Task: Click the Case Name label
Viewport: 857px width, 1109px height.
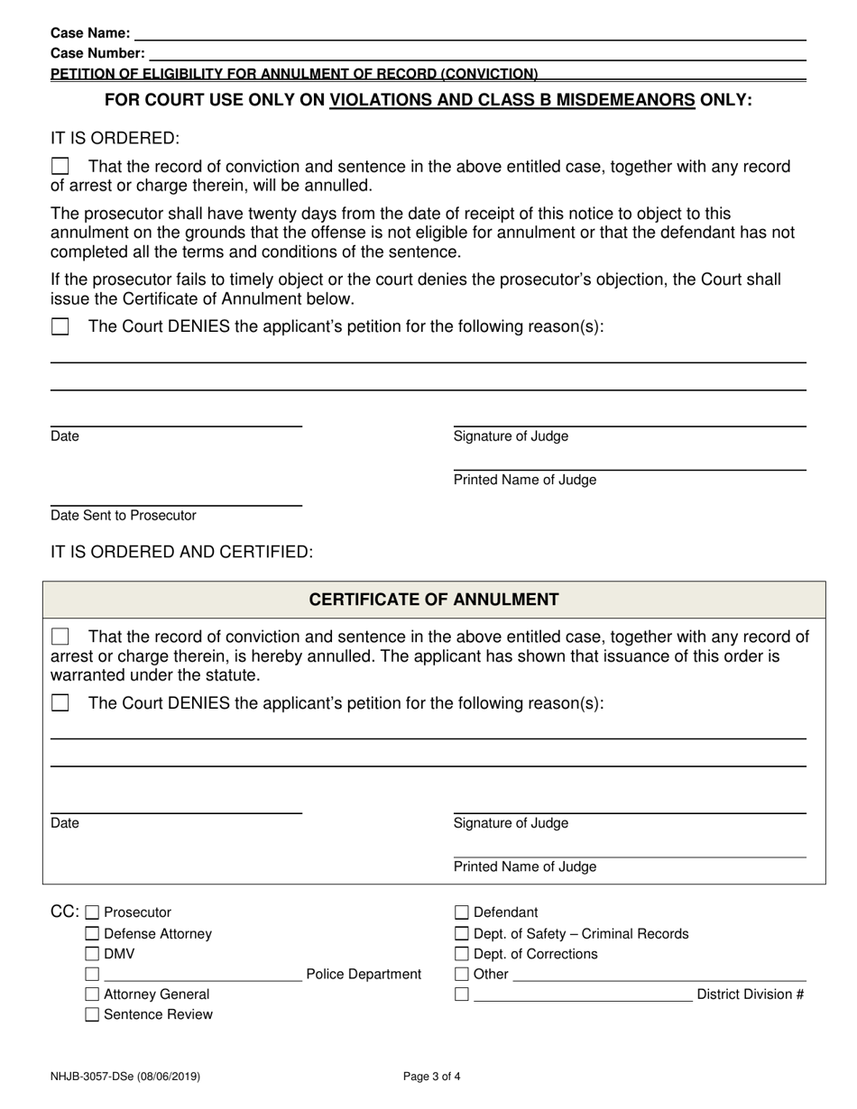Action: point(90,33)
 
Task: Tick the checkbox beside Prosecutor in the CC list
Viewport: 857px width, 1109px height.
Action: point(92,912)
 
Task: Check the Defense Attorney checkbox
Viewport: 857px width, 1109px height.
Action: point(92,934)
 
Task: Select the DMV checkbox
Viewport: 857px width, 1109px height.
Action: point(92,954)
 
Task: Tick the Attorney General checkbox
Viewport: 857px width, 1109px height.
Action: point(92,994)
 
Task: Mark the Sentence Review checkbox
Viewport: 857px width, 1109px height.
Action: point(92,1015)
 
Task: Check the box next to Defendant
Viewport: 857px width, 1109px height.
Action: point(462,912)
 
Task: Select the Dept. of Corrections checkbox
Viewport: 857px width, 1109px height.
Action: point(462,954)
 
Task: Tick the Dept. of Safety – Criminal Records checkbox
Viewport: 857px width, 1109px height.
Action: point(462,934)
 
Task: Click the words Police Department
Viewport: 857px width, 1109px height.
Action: point(364,975)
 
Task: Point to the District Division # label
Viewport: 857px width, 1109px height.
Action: point(751,994)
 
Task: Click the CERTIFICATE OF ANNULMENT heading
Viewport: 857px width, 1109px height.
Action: point(434,600)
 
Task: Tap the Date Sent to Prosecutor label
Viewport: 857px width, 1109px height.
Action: point(124,516)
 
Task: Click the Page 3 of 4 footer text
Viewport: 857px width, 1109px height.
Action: point(433,1076)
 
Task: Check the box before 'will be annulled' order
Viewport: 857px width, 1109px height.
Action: point(60,167)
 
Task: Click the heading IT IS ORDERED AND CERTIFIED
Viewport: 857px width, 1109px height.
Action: point(182,552)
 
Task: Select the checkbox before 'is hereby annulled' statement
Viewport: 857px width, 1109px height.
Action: point(60,637)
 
